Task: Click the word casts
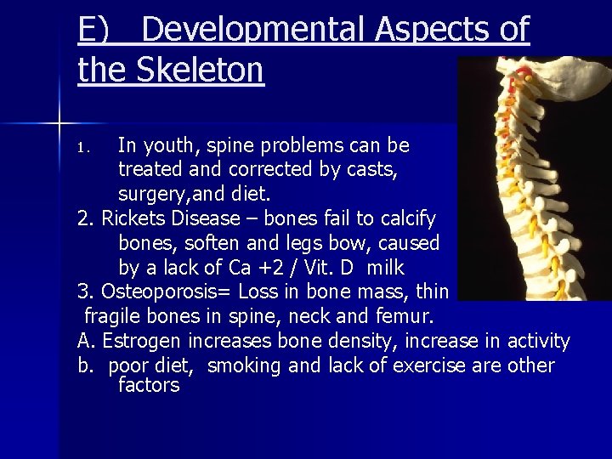pyautogui.click(x=371, y=169)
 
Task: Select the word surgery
pyautogui.click(x=150, y=194)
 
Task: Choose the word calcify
pyautogui.click(x=405, y=218)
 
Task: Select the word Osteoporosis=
pyautogui.click(x=167, y=292)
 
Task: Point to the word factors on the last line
pyautogui.click(x=149, y=385)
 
